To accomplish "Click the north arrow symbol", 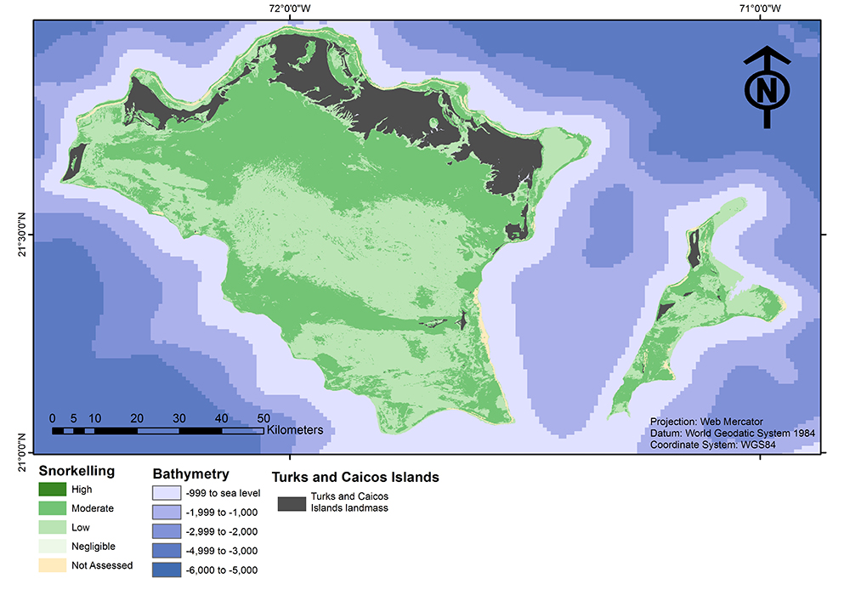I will point(767,87).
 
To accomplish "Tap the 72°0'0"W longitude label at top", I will point(289,8).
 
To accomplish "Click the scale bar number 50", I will point(263,418).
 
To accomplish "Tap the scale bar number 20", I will point(137,418).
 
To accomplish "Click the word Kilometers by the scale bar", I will point(294,430).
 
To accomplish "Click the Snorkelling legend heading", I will point(77,471).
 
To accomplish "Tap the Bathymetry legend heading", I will point(190,473).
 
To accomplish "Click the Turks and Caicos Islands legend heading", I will point(354,477).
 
